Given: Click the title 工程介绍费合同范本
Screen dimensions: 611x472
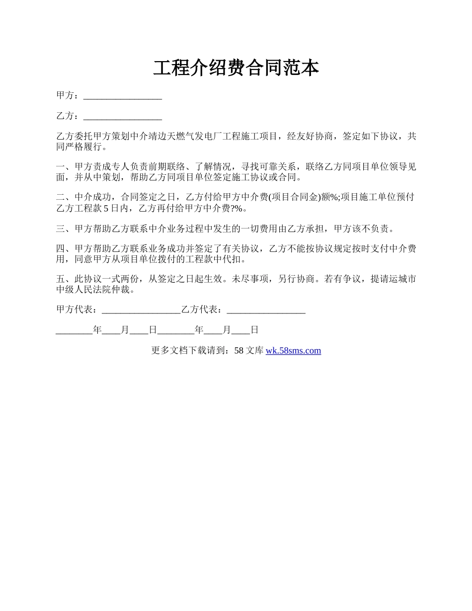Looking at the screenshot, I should click(236, 69).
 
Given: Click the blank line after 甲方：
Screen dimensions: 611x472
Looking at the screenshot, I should click(123, 96).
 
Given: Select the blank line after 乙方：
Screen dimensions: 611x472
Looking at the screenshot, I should click(123, 116).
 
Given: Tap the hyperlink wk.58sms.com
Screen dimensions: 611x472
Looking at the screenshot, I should click(293, 351).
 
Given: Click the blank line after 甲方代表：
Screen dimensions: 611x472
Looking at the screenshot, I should click(141, 310).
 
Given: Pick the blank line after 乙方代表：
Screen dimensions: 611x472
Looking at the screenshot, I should click(266, 310).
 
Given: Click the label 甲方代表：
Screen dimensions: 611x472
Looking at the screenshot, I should click(79, 310).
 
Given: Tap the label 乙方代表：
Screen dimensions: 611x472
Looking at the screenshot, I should click(204, 310).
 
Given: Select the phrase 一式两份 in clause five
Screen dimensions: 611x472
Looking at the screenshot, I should click(114, 279).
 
